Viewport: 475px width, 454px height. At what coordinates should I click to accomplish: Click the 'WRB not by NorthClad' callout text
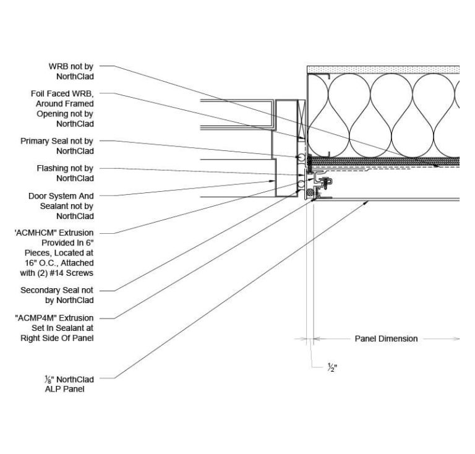(71, 71)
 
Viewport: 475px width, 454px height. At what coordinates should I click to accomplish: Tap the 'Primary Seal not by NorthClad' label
(57, 146)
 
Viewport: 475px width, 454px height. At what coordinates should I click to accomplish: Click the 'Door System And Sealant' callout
(61, 206)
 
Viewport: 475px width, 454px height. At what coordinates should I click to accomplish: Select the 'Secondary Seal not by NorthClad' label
(57, 295)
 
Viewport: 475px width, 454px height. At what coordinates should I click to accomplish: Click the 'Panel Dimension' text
(385, 338)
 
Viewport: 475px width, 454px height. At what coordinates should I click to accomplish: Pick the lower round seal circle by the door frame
(301, 184)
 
